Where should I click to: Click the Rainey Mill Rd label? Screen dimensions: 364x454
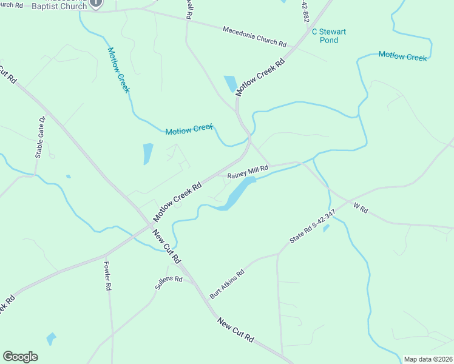248,172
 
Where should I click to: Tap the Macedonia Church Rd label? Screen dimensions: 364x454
254,36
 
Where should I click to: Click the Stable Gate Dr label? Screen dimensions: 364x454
40,138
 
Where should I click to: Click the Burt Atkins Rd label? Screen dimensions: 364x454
226,284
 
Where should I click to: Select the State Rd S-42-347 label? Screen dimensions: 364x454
312,227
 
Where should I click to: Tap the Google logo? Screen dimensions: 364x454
20,357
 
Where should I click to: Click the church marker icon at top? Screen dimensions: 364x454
95,3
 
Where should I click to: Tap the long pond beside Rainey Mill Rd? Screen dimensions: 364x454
236,194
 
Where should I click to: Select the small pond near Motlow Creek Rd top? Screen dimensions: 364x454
231,84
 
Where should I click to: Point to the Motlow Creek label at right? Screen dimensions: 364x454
403,56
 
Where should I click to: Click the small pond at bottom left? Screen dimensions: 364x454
51,339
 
